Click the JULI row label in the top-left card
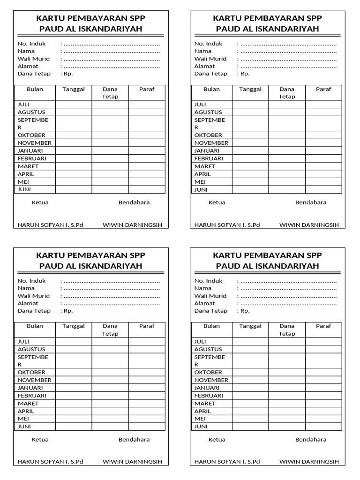[x=23, y=105]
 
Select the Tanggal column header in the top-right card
[x=250, y=89]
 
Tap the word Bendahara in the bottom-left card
[x=134, y=440]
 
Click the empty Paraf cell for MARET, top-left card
[x=147, y=166]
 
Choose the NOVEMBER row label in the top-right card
[x=211, y=143]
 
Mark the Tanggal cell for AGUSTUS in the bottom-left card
[x=74, y=349]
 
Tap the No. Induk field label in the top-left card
[x=30, y=44]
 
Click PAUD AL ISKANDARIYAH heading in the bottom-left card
[x=91, y=266]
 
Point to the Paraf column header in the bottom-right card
[x=323, y=326]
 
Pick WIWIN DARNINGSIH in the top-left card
[x=132, y=225]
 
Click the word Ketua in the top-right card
[x=217, y=202]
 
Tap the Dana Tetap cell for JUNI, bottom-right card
[x=287, y=427]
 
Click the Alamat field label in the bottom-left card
[x=28, y=303]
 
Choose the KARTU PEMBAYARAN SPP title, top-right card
[x=268, y=18]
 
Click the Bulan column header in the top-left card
[x=35, y=89]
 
